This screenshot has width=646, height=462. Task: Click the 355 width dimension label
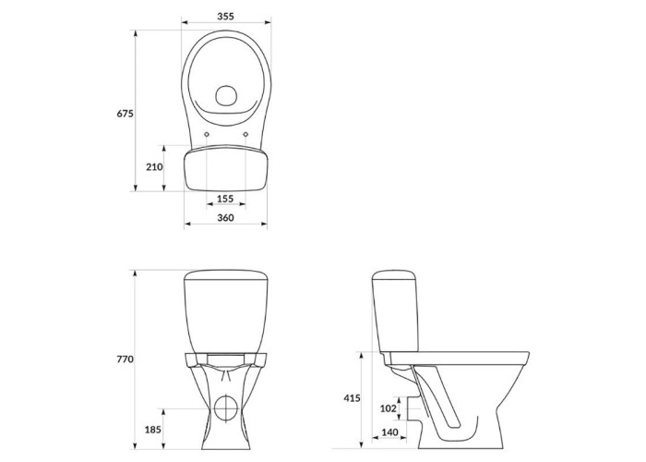(x=225, y=16)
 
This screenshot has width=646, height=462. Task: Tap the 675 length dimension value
(x=125, y=114)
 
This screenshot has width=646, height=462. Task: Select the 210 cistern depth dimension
(x=154, y=167)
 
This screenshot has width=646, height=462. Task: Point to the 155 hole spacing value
(x=225, y=199)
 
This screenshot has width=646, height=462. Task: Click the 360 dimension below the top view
(x=225, y=217)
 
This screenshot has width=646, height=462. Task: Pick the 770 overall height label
(x=125, y=359)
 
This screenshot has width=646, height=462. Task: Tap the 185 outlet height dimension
(x=153, y=430)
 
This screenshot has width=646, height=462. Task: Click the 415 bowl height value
(x=353, y=398)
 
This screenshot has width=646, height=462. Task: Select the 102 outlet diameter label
(x=389, y=408)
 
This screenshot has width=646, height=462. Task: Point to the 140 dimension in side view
(x=389, y=432)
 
